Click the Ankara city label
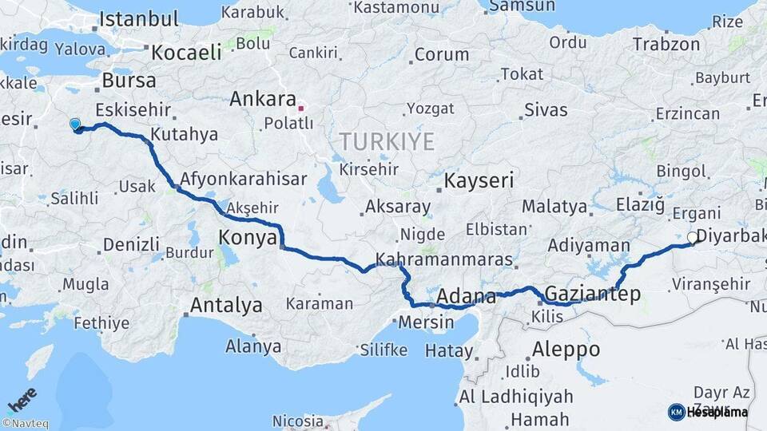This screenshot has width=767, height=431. [262, 100]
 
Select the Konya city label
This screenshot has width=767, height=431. [248, 237]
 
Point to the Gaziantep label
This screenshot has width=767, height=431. [592, 295]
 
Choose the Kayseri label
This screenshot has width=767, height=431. [479, 180]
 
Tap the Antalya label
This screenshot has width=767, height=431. [226, 305]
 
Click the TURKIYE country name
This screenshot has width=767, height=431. [387, 142]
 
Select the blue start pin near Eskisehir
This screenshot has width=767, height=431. [75, 124]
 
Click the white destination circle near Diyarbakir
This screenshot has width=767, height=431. [692, 237]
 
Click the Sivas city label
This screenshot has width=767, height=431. [546, 109]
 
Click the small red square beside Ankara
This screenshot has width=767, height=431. [301, 107]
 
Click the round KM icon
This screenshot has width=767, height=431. [676, 412]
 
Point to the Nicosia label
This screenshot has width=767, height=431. [298, 420]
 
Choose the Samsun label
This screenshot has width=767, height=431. [521, 6]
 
